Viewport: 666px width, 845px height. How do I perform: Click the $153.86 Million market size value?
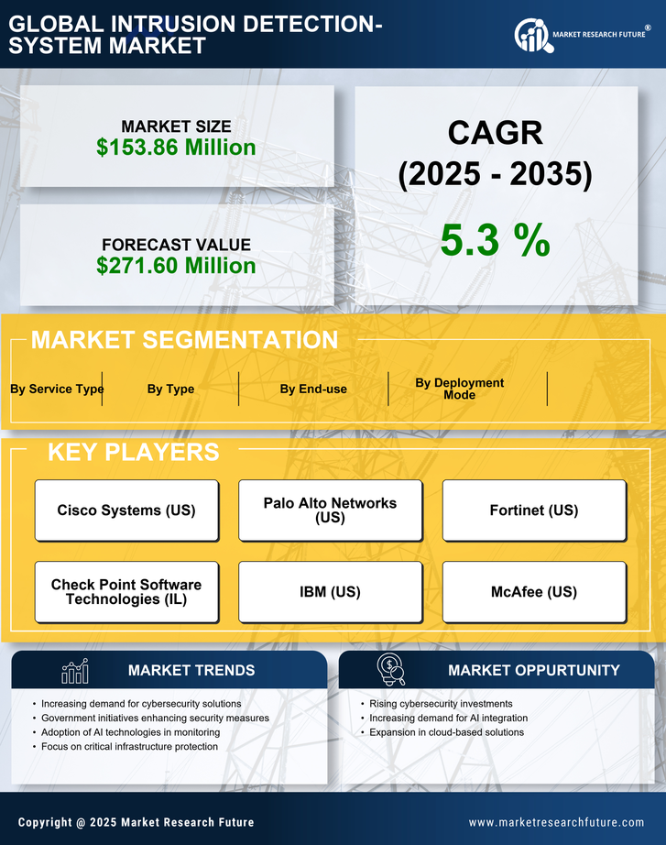(176, 147)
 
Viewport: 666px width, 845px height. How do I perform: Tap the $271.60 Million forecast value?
(176, 266)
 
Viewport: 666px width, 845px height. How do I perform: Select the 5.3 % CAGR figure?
(495, 240)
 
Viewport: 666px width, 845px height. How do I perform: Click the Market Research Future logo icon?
(531, 36)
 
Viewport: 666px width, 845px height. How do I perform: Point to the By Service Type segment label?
(57, 389)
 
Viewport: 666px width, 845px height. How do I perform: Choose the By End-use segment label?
(313, 389)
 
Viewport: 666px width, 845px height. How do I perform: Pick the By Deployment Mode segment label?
(460, 389)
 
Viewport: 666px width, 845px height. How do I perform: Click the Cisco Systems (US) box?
(126, 510)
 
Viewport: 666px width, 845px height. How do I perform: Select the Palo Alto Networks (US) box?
(330, 510)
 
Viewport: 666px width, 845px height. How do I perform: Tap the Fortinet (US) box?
(534, 510)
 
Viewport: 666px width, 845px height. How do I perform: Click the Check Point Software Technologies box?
(126, 592)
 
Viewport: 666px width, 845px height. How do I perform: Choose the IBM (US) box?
(330, 592)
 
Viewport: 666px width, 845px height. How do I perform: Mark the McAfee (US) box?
(534, 592)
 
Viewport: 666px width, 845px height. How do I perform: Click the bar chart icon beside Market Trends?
(74, 671)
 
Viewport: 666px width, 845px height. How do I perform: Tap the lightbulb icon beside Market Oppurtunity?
(390, 670)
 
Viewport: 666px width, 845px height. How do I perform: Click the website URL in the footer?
(556, 822)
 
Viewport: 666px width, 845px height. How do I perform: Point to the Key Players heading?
(133, 452)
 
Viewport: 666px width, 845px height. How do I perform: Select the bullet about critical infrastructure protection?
(129, 747)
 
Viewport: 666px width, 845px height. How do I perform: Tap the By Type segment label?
(170, 389)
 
